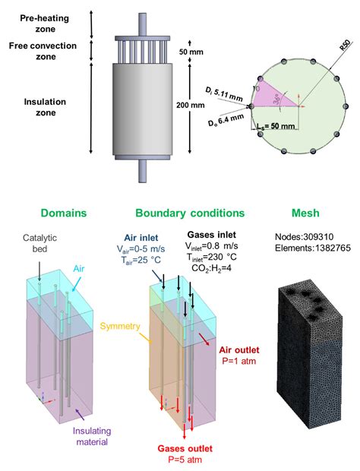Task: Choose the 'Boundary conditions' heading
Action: point(189,213)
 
